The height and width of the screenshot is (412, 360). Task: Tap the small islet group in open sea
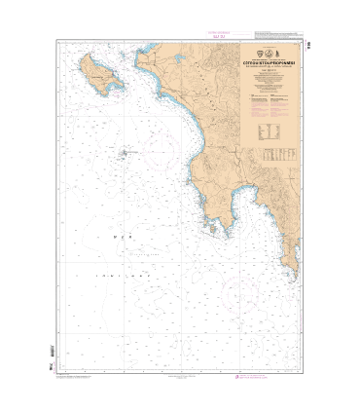123,152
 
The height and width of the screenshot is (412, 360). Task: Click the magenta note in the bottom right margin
275,376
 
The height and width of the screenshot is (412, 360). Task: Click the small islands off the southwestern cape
208,227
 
